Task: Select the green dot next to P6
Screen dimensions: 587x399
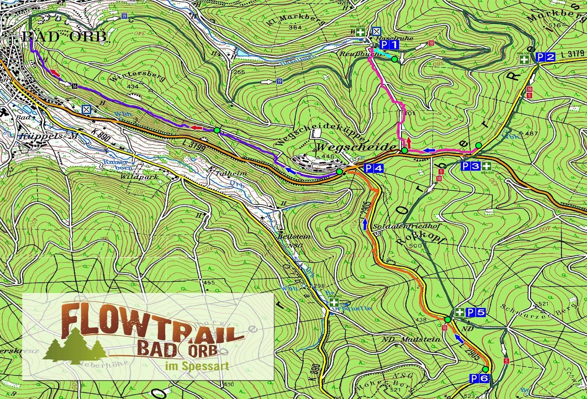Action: pos(486,369)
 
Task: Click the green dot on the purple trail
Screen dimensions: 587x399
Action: pos(217,130)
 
